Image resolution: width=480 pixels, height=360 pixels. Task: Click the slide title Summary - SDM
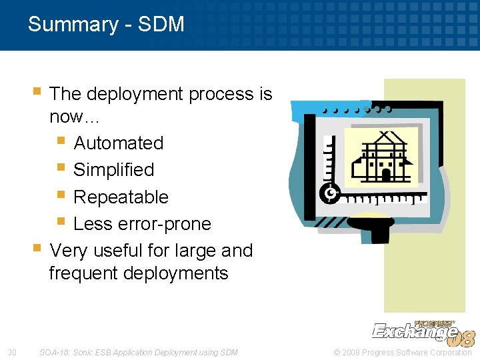point(106,25)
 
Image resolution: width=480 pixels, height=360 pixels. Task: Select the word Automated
point(118,143)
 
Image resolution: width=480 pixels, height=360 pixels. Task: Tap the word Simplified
point(113,170)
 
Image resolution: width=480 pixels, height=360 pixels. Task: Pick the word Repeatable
point(121,197)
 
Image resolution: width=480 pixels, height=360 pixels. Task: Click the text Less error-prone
point(142,224)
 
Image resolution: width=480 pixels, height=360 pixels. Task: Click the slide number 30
point(11,352)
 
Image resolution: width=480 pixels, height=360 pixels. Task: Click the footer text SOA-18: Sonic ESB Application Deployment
point(138,352)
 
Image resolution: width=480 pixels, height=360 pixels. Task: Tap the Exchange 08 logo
point(423,331)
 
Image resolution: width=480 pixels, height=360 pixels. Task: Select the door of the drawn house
point(385,174)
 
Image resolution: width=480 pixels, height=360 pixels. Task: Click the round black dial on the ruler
point(330,194)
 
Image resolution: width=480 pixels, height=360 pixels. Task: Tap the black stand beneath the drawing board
point(372,231)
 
